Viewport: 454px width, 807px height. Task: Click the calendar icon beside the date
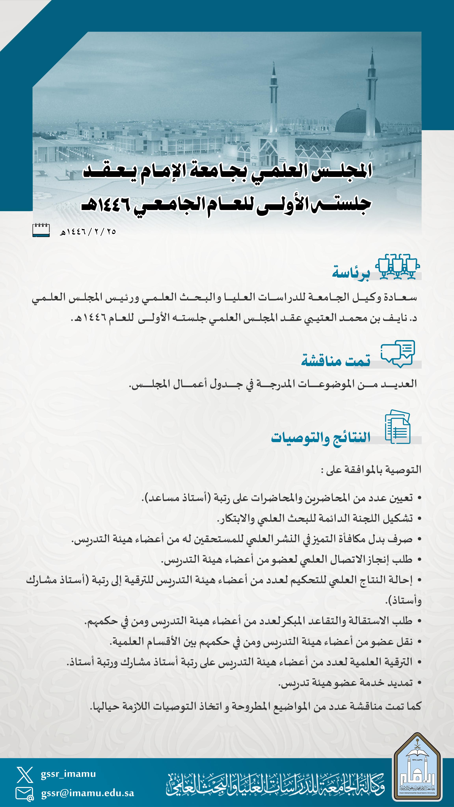point(41,230)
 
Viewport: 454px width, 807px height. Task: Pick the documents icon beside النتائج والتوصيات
point(397,427)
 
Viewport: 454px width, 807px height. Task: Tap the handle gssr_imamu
point(68,774)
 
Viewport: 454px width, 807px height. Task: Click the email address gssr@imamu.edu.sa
point(88,793)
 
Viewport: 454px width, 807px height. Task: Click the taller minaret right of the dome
point(372,91)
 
